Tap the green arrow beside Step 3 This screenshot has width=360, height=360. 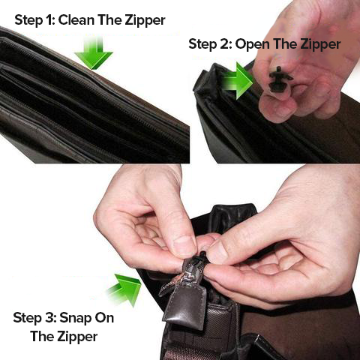[123, 289]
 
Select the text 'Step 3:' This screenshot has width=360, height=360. [36, 318]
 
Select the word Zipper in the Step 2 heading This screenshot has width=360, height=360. [318, 44]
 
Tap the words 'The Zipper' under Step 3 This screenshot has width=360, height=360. [64, 337]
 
